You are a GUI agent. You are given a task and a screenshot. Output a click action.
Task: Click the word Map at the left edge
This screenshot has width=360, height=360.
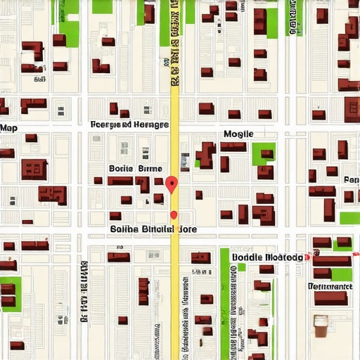coord(8,128)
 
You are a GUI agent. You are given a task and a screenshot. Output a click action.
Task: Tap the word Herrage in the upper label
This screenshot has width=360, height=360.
coord(152,124)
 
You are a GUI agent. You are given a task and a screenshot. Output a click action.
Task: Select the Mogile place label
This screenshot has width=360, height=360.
coord(238,134)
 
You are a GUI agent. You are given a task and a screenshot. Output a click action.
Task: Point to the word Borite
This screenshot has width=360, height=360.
coord(121,169)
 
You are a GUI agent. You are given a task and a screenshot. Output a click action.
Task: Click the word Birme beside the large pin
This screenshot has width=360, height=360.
coord(150,169)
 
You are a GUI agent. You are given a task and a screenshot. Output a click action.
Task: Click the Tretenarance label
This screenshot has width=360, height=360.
coord(330,287)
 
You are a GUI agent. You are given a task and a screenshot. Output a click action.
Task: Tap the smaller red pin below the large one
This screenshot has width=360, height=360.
coord(174,214)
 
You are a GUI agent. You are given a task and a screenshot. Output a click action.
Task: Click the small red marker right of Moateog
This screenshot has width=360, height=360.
coord(308,258)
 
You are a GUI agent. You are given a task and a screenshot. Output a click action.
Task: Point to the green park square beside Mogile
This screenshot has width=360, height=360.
coord(264,154)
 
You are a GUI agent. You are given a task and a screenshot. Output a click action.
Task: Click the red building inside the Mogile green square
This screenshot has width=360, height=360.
coord(266,154)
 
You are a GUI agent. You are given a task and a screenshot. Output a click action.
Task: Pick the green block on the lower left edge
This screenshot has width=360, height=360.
coord(10,293)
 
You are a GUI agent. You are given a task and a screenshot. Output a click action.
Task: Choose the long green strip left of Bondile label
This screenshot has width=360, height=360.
coord(225,295)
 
